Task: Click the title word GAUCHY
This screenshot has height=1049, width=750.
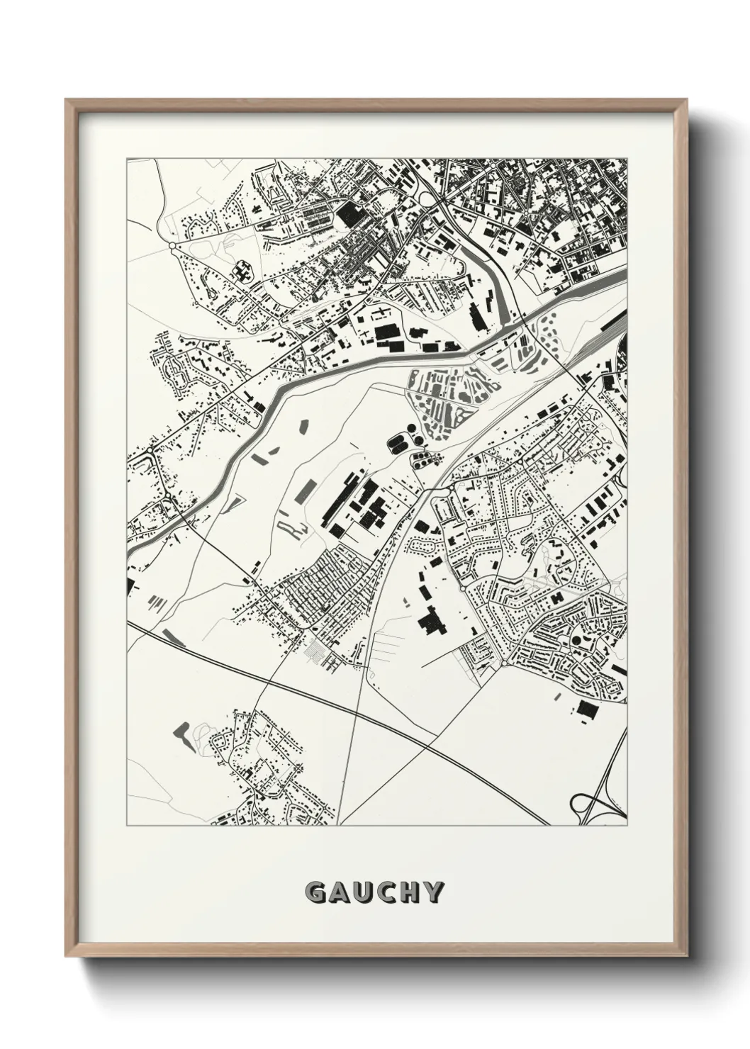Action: point(374,892)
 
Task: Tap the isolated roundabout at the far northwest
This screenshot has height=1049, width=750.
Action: point(172,245)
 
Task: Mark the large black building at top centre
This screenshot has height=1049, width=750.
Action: point(348,213)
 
